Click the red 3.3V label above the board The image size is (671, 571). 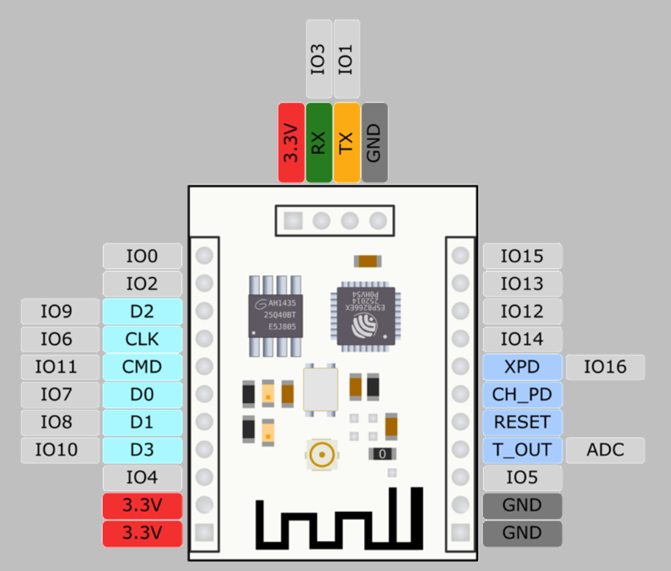pos(291,142)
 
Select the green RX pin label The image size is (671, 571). pos(318,142)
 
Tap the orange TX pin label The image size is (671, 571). pos(346,142)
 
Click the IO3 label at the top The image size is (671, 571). pos(318,59)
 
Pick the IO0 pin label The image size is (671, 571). pos(142,256)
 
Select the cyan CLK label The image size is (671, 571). pos(142,339)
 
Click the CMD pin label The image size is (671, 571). pos(142,366)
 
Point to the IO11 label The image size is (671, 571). pos(60,366)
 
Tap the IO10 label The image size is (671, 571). pos(60,449)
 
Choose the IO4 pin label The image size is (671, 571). pos(142,477)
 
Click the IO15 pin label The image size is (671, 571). pos(522,256)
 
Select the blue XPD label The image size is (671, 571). pos(522,366)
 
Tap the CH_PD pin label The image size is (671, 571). pos(522,394)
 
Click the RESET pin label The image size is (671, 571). pos(522,422)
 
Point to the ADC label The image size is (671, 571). pos(605,449)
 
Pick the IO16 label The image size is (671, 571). pos(605,366)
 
